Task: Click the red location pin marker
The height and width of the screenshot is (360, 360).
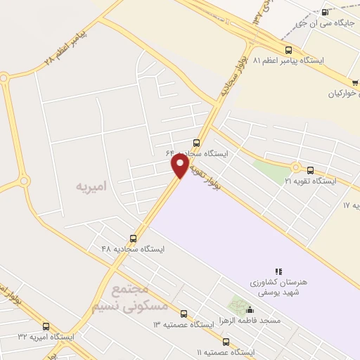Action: coord(180,166)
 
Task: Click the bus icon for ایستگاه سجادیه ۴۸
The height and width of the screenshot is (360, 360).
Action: coord(134,238)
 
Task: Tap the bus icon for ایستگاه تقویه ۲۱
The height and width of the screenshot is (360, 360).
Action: coord(310,169)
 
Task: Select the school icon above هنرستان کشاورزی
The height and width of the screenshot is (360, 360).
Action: coord(278,271)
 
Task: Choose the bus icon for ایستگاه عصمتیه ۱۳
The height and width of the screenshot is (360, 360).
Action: coord(184,314)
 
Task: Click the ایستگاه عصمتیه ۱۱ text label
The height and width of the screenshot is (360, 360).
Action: coord(225,352)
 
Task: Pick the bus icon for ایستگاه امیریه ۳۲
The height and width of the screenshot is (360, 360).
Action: coord(46,326)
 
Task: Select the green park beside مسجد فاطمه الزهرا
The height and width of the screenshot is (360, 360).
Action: coord(236,307)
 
